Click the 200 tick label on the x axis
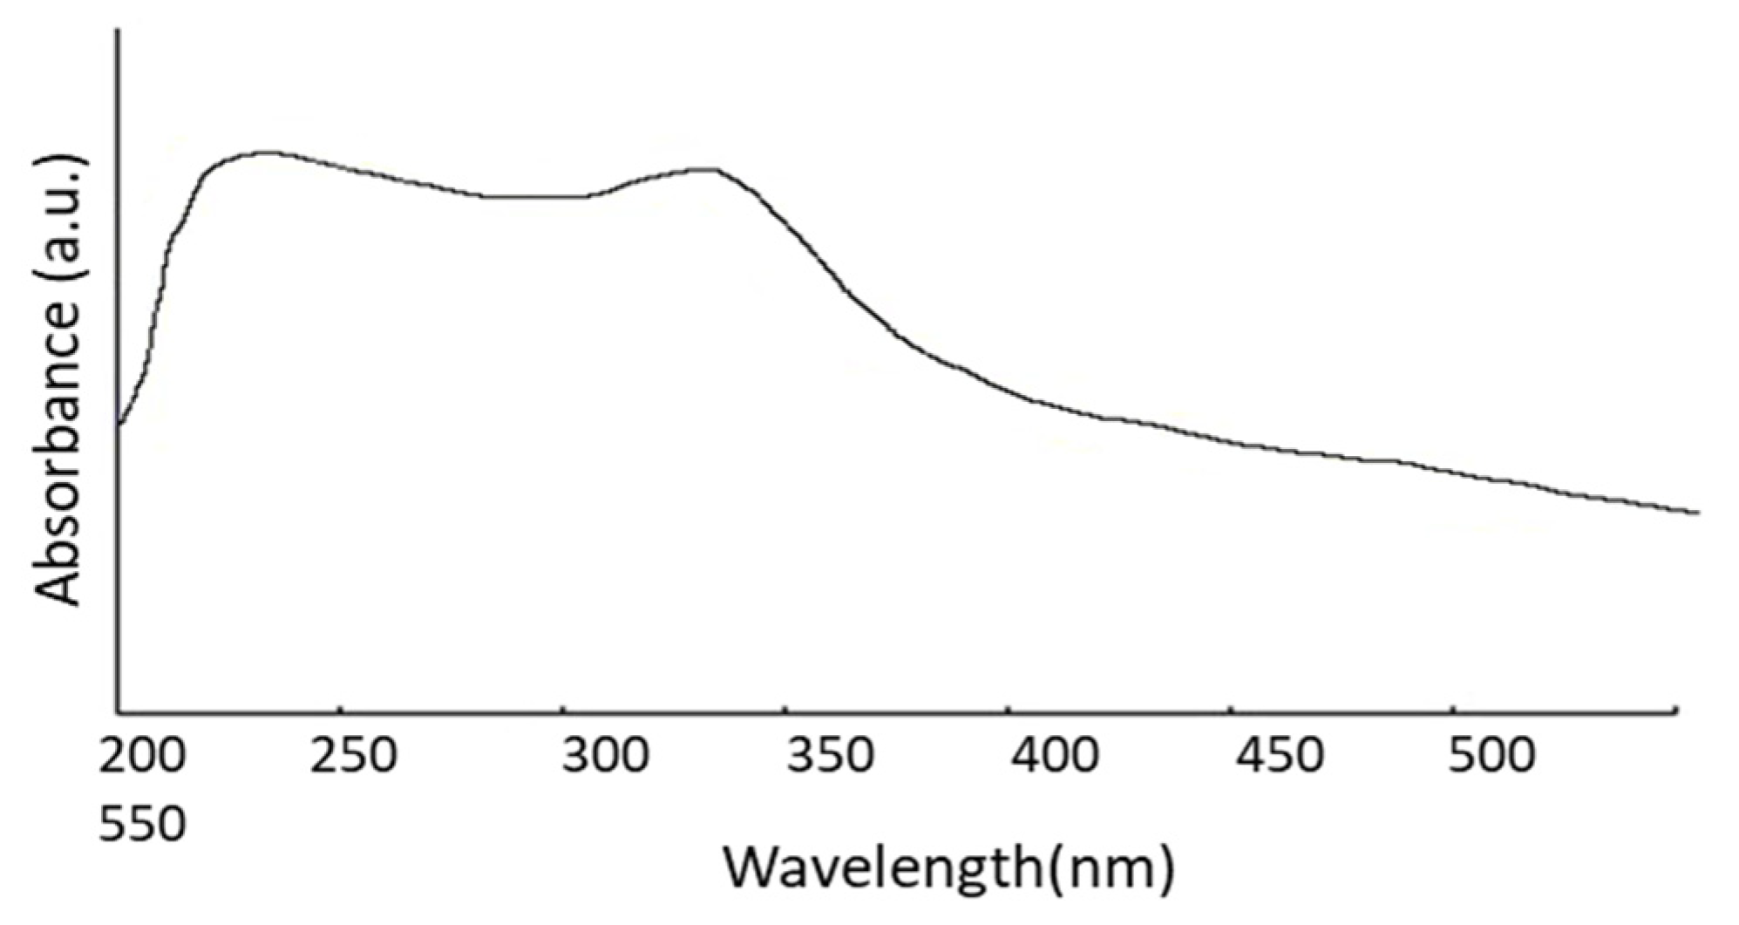click(142, 756)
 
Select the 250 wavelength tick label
click(354, 756)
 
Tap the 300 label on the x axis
click(605, 756)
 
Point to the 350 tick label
click(829, 756)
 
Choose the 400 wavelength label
click(1054, 756)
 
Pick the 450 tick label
click(1279, 756)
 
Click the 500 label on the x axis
click(1491, 756)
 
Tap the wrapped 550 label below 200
click(142, 824)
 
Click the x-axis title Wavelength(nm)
click(949, 867)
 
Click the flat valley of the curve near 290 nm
click(532, 196)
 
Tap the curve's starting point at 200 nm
click(119, 425)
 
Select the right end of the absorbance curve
click(1696, 512)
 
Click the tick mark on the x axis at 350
click(786, 709)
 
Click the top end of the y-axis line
click(119, 31)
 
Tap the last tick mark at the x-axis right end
click(1677, 709)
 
